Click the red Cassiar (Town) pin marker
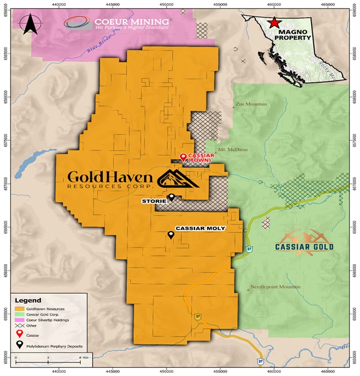[x=183, y=157]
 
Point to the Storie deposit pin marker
[x=171, y=197]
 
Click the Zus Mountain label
[x=250, y=104]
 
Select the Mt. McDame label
[x=234, y=149]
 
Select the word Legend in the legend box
[x=28, y=300]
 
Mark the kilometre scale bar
[x=48, y=362]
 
